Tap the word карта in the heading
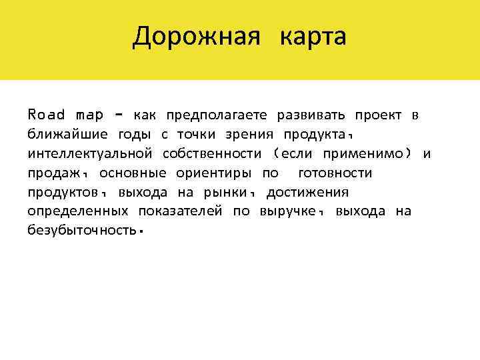click(313, 37)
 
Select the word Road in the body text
click(47, 115)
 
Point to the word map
click(90, 115)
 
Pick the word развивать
click(309, 115)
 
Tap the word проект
click(378, 115)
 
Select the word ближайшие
click(66, 135)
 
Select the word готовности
click(335, 173)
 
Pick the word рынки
click(231, 193)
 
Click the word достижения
click(307, 193)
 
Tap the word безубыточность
click(82, 231)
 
